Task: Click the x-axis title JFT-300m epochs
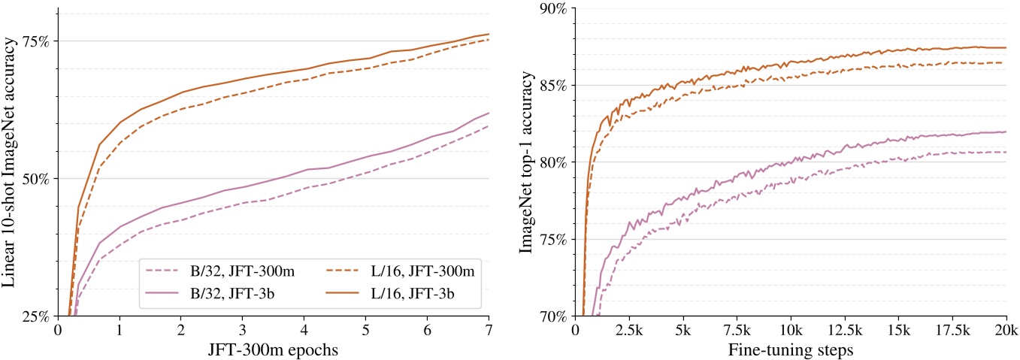(274, 349)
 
